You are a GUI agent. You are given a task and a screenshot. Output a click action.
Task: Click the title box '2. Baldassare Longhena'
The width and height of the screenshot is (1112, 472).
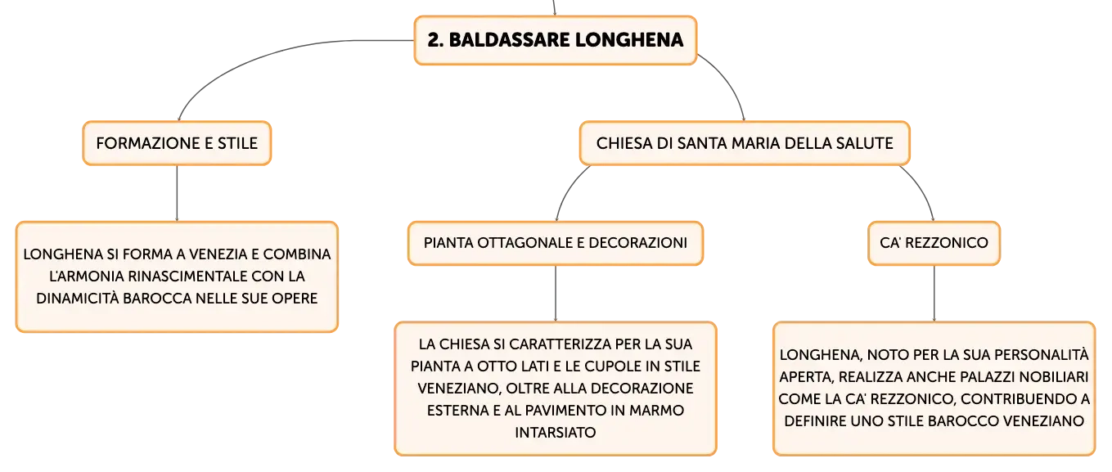(556, 40)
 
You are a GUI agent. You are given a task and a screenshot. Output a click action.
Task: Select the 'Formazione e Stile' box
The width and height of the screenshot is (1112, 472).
(177, 143)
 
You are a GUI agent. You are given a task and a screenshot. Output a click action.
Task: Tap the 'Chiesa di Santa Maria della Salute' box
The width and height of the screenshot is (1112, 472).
(745, 143)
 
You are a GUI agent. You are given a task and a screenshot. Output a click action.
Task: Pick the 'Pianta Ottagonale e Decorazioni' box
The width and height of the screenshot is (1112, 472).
(556, 243)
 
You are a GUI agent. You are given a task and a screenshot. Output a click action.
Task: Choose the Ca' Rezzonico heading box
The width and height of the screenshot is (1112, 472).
(934, 243)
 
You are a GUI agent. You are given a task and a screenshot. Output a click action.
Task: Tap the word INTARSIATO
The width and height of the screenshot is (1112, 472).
(556, 433)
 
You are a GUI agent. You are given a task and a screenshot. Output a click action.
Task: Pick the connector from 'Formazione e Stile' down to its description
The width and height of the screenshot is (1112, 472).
(177, 193)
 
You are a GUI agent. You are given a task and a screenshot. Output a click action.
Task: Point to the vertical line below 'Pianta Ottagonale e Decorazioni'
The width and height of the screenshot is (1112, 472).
(556, 294)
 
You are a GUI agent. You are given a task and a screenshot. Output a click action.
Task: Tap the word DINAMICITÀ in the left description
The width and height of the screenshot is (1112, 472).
(78, 299)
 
